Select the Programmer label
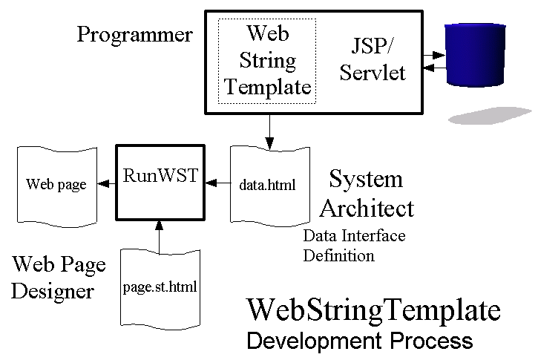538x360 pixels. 134,35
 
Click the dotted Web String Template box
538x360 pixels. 267,61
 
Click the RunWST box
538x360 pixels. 159,182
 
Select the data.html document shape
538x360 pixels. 267,184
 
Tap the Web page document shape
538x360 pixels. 56,184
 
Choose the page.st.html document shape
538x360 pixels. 160,287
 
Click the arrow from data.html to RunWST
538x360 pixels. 217,181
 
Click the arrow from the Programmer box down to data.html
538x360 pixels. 269,130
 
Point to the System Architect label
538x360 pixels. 366,194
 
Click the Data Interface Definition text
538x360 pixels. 354,246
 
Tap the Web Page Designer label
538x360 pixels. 59,277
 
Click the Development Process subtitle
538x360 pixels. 358,341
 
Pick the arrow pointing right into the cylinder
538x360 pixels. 433,54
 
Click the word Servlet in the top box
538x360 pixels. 378,73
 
